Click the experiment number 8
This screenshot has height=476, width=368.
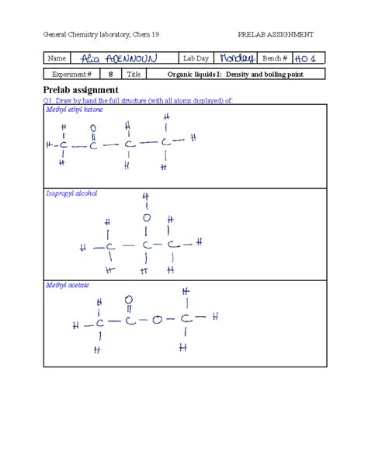(111, 75)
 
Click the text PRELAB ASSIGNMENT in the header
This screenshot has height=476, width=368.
(276, 35)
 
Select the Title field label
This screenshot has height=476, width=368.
(134, 75)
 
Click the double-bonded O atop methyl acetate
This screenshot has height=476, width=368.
(128, 301)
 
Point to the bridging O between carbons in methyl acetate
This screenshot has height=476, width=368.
(157, 319)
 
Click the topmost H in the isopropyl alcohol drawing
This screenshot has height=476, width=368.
(145, 196)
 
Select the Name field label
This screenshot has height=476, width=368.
(56, 59)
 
